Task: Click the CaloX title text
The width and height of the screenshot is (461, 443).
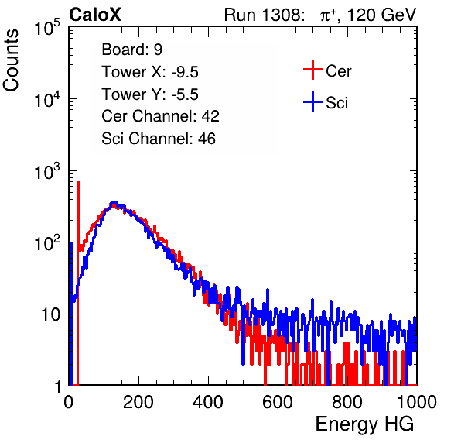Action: (x=95, y=15)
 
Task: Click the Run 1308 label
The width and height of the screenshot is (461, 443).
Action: (x=264, y=15)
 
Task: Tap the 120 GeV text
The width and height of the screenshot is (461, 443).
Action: (x=381, y=15)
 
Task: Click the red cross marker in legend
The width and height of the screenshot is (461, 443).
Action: (x=312, y=70)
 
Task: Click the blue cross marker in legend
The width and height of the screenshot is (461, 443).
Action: (x=312, y=101)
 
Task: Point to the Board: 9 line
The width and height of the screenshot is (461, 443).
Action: (x=131, y=50)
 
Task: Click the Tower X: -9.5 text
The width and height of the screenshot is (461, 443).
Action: (x=150, y=72)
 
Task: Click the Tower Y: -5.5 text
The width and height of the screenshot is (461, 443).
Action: (x=150, y=94)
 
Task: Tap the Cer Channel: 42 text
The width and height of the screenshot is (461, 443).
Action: (x=160, y=116)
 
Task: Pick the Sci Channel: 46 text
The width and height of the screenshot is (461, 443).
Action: (x=159, y=139)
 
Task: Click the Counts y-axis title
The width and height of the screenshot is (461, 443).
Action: (x=11, y=60)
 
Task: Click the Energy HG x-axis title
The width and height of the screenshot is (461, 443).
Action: (x=364, y=424)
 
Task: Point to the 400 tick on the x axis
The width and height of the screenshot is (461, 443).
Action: (x=208, y=402)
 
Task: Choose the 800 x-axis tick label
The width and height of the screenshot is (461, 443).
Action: (x=347, y=402)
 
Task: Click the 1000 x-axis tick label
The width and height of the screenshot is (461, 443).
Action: (x=417, y=402)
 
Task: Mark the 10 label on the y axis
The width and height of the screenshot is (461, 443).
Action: (x=50, y=314)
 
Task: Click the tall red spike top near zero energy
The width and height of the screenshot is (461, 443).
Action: (x=78, y=183)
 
